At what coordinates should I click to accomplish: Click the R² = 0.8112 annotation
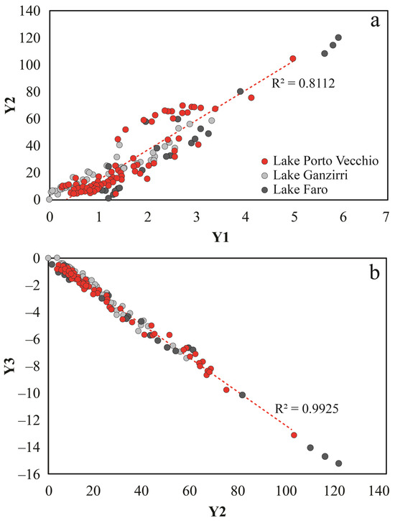click(x=303, y=83)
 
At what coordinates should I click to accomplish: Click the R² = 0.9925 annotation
click(x=307, y=408)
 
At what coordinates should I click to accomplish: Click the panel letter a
click(x=375, y=22)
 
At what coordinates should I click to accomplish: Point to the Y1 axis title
click(x=220, y=237)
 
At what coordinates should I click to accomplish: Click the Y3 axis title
click(x=11, y=366)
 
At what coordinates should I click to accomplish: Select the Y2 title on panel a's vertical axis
click(x=11, y=106)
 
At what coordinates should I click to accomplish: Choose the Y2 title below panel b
click(x=218, y=512)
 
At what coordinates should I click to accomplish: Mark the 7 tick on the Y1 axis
click(x=386, y=217)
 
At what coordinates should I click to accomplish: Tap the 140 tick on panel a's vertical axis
click(x=30, y=11)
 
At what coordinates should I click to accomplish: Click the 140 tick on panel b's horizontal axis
click(x=379, y=491)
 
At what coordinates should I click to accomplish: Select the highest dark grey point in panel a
click(x=338, y=37)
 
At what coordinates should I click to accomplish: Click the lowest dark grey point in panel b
click(x=338, y=464)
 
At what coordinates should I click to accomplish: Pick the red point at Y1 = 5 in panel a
click(x=293, y=58)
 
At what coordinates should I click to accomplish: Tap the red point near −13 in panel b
click(x=294, y=435)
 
